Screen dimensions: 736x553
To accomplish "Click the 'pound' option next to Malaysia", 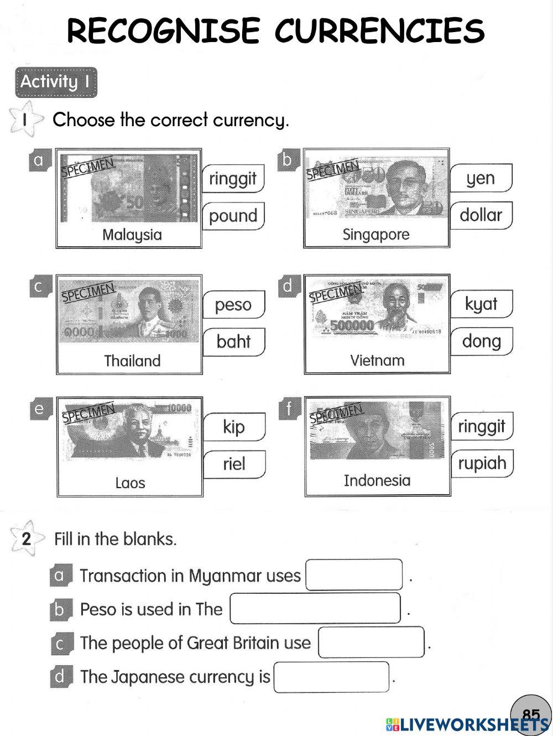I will [x=233, y=216].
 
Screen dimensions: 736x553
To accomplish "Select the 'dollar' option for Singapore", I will [x=481, y=215].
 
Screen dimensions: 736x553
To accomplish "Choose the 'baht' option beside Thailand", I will [x=233, y=341].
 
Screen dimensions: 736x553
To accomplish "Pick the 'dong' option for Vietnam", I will [x=481, y=341].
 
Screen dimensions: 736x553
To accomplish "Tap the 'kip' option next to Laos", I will [x=233, y=427].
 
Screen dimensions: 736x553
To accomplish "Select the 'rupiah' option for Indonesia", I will [x=482, y=463].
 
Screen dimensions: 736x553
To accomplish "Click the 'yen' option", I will [x=481, y=178].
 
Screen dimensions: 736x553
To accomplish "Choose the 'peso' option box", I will [x=233, y=304].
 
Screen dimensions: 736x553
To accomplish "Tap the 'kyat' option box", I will [x=481, y=304].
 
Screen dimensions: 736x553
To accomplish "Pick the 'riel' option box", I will [x=233, y=464].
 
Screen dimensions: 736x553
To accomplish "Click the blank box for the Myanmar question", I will [x=354, y=575].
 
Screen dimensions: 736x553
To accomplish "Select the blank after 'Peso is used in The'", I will [x=315, y=608].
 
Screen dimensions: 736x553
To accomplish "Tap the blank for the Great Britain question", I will [x=371, y=642].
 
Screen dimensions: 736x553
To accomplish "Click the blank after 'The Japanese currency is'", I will [x=331, y=677].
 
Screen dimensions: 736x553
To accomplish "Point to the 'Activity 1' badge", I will [x=56, y=82].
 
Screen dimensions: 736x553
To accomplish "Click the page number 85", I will [x=531, y=714].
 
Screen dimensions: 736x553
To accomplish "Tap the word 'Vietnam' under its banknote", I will [x=377, y=361].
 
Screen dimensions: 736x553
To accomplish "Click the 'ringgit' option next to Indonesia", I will [x=481, y=426].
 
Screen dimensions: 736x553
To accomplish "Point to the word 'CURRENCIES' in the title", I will [x=379, y=31].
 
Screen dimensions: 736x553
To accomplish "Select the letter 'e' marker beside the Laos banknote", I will [x=39, y=409].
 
